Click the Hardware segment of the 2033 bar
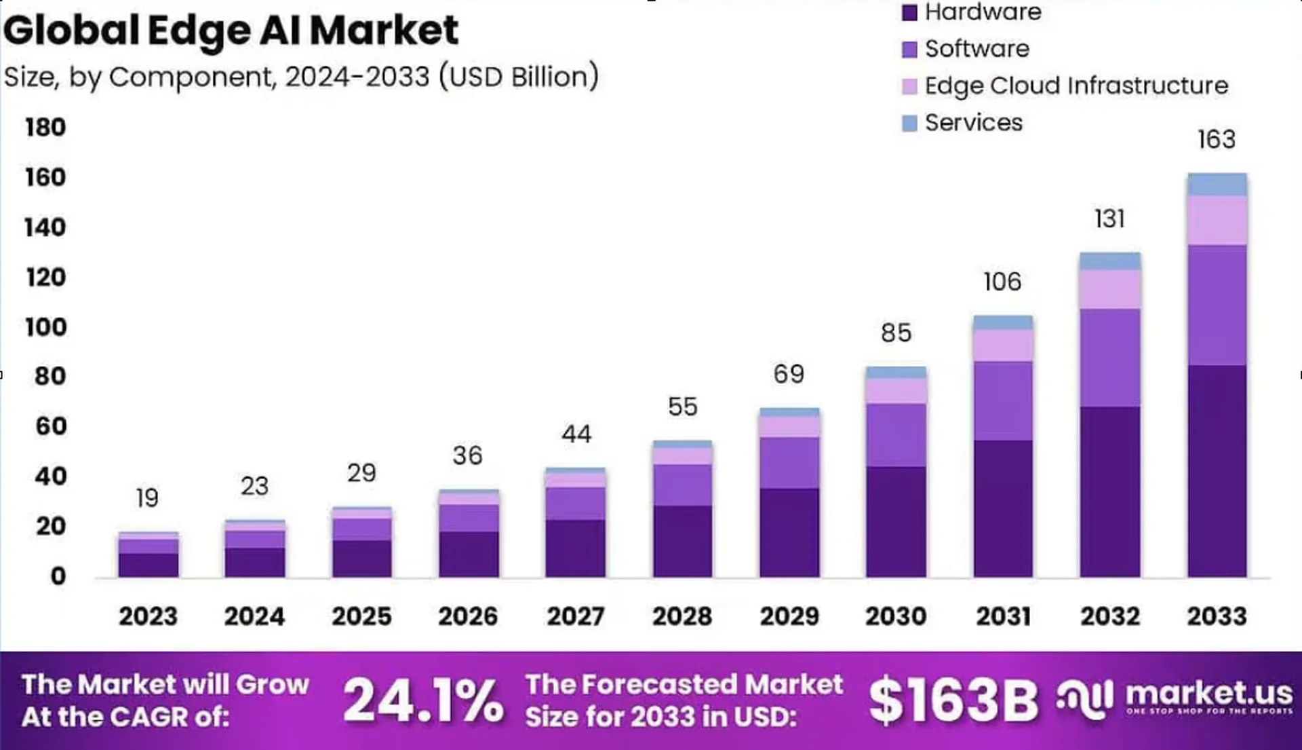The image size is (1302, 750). [1217, 471]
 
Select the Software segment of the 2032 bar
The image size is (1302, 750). [1110, 358]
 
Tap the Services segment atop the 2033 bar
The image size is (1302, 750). [1217, 185]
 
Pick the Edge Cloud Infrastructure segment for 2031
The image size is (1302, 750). [1003, 345]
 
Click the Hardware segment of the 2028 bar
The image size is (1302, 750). [683, 541]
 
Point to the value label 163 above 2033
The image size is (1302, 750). [1217, 140]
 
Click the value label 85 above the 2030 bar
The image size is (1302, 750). [896, 333]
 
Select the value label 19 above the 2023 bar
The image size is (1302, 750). [147, 498]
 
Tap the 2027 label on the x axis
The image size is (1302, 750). [576, 616]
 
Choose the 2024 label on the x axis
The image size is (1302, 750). [255, 616]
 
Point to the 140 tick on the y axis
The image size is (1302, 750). [45, 227]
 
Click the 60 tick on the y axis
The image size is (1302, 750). [51, 426]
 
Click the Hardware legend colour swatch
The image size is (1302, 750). [909, 12]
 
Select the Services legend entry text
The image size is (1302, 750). [974, 123]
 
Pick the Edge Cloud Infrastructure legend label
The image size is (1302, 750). [1076, 86]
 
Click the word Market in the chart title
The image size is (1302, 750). [384, 31]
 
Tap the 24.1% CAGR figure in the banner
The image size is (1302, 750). [423, 700]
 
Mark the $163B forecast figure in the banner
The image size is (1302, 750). [953, 700]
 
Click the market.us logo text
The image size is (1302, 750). [1209, 694]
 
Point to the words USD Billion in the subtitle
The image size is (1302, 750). [519, 77]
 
